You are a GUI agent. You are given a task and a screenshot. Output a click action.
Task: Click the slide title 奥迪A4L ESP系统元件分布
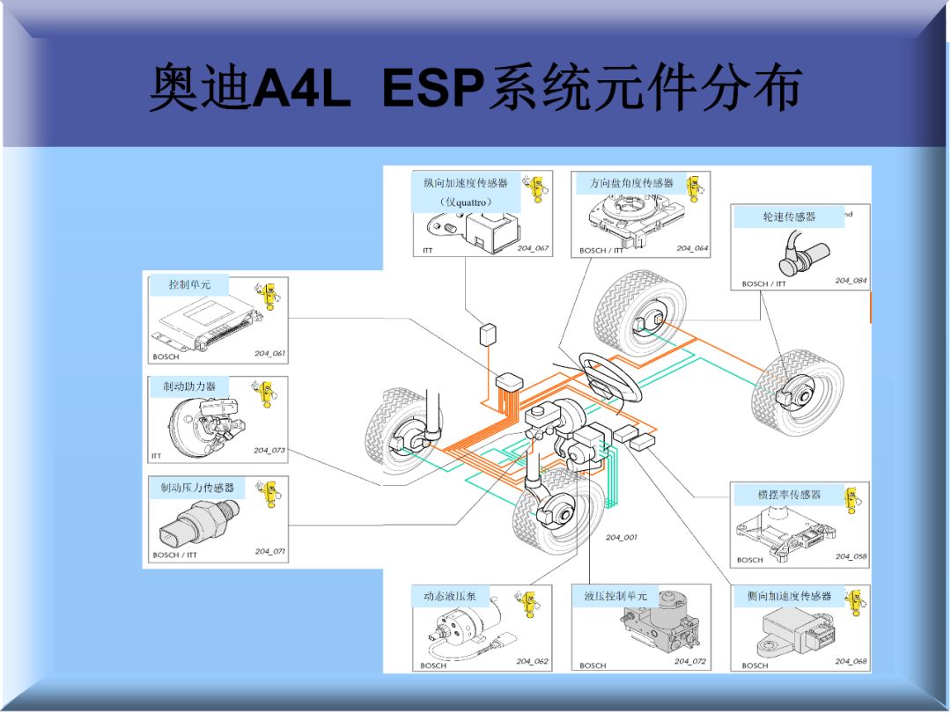475,89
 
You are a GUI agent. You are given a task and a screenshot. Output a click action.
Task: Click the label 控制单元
189,284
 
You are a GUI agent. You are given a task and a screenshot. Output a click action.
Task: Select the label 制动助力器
188,386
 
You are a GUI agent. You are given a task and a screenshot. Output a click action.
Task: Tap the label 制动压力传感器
196,488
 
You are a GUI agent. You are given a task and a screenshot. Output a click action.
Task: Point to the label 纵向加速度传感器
465,183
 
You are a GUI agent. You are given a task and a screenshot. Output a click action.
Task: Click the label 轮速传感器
788,217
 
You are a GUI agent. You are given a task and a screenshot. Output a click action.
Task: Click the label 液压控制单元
615,596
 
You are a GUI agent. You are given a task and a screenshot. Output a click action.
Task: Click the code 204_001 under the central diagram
621,537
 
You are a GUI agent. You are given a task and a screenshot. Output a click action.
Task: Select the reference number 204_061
269,353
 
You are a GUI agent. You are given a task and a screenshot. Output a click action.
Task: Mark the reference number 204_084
851,281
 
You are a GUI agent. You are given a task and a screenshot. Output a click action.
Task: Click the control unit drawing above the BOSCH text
201,322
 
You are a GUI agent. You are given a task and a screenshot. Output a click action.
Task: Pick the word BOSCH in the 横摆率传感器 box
750,560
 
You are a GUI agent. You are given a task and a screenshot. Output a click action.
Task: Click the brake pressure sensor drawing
195,524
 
